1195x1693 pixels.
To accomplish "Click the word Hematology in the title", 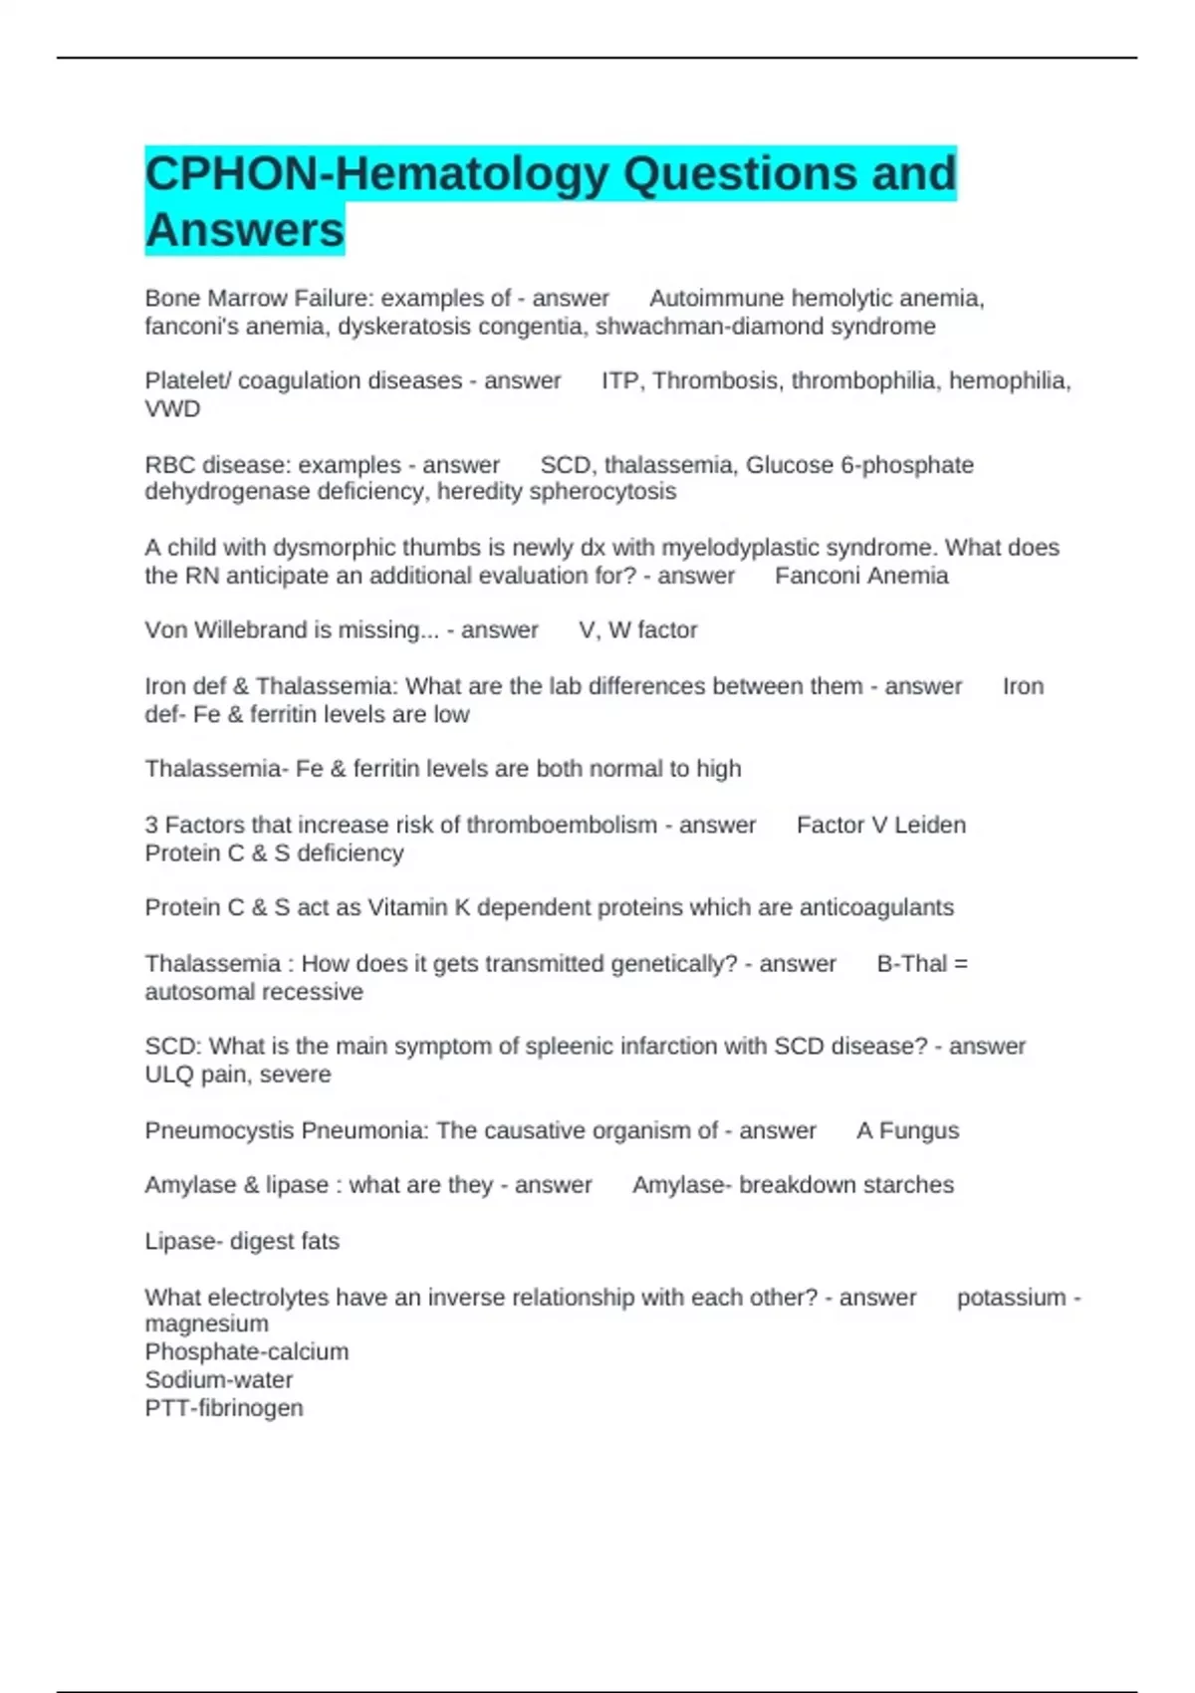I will (x=472, y=174).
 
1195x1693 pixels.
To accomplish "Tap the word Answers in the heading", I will (x=244, y=230).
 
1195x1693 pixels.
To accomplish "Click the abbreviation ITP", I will (x=620, y=381).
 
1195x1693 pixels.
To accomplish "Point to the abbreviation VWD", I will (x=172, y=409).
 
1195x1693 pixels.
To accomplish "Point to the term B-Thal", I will (x=911, y=964).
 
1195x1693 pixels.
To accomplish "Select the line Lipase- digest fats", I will (x=242, y=1242).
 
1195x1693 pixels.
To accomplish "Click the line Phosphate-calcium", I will (x=247, y=1352).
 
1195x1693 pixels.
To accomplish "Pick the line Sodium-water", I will (x=219, y=1380).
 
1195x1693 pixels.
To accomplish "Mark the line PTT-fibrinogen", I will (x=224, y=1408).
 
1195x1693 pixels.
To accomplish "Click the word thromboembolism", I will (x=562, y=826).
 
